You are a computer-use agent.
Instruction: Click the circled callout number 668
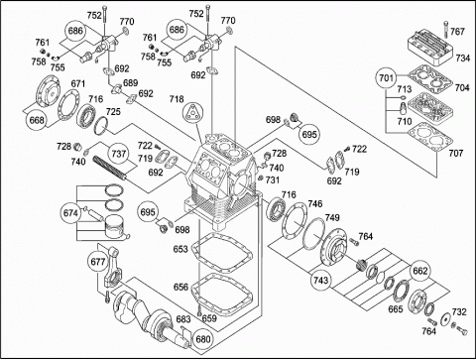pos(37,119)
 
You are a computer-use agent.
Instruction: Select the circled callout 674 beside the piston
pos(70,213)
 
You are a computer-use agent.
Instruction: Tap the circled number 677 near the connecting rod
pos(98,262)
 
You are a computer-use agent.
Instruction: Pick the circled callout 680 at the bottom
pos(202,339)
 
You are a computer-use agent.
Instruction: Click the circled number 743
pos(320,280)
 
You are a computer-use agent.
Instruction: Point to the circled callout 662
pos(420,271)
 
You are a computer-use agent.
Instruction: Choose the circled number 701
pos(387,78)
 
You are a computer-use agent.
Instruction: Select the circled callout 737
pos(119,154)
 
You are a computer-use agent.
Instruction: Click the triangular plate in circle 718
pos(192,112)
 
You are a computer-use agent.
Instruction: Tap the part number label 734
pos(462,59)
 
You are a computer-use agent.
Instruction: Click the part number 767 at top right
pos(457,32)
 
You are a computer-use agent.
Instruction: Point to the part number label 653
pos(180,249)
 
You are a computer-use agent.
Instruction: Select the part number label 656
pos(180,287)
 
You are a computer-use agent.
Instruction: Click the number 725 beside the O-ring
pos(113,112)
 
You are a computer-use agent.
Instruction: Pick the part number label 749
pos(332,217)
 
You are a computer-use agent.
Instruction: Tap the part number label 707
pos(456,153)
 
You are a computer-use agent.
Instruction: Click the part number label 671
pos(78,83)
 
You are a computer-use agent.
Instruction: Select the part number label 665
pos(396,309)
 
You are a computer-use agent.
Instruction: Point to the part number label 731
pos(273,180)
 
